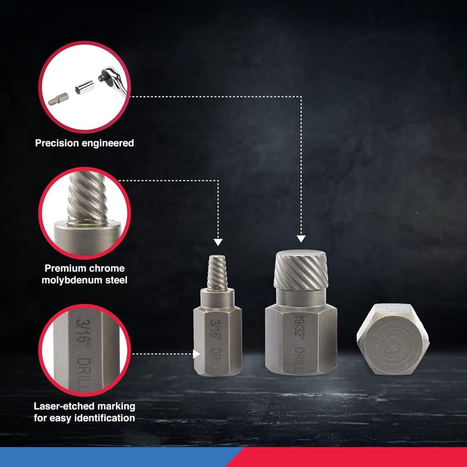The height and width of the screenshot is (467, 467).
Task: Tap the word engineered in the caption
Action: (x=108, y=143)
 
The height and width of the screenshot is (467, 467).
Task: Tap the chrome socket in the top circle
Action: (x=85, y=87)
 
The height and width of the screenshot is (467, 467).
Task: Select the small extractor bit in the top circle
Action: (x=58, y=99)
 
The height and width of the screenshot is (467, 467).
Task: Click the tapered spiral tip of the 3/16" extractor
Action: (x=217, y=272)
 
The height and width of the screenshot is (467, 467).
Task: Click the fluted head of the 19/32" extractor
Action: (x=301, y=270)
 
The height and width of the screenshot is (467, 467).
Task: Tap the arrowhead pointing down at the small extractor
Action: (x=218, y=242)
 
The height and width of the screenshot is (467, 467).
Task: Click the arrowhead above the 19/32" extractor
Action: (x=301, y=239)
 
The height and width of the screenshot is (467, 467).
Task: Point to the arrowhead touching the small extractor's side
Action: (x=196, y=354)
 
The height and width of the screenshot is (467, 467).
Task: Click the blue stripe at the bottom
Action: (x=119, y=457)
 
